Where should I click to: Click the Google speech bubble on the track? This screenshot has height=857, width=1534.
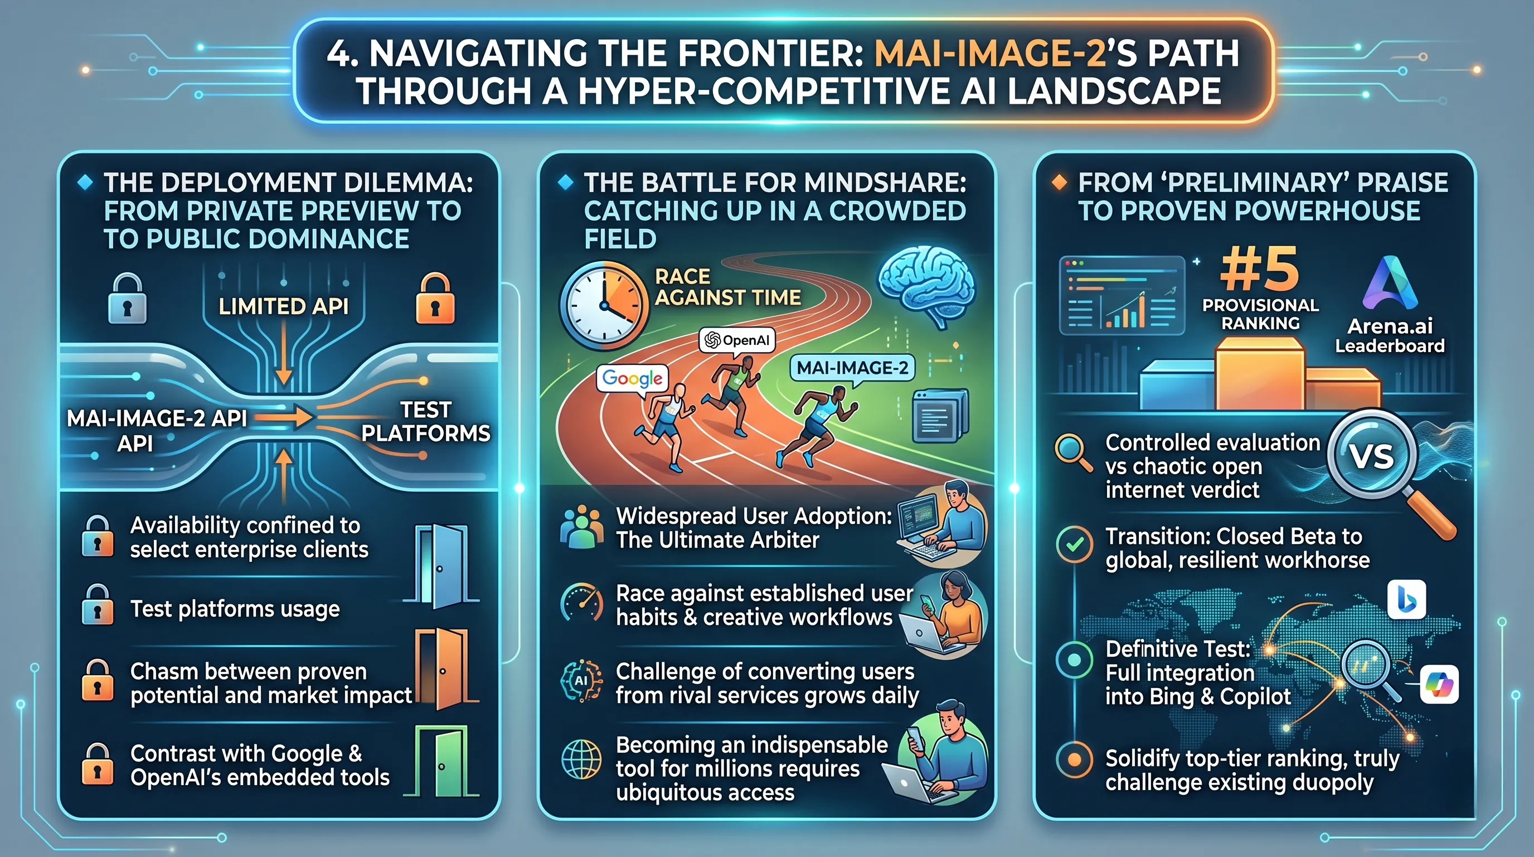pyautogui.click(x=632, y=378)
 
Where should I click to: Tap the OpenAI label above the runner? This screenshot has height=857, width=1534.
pyautogui.click(x=737, y=340)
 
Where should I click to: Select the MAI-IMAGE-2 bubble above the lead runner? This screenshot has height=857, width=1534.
pyautogui.click(x=852, y=368)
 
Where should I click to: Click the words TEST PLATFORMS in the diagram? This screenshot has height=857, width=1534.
pyautogui.click(x=425, y=421)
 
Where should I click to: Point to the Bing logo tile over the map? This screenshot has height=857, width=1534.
pyautogui.click(x=1406, y=600)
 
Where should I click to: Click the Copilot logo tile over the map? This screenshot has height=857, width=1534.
pyautogui.click(x=1439, y=685)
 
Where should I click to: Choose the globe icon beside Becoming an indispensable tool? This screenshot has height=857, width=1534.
pyautogui.click(x=581, y=759)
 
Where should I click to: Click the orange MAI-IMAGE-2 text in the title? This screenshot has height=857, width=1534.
pyautogui.click(x=989, y=53)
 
